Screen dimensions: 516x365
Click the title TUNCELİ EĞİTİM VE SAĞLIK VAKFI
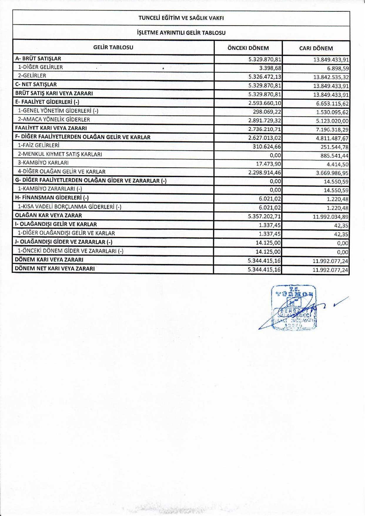click(181, 18)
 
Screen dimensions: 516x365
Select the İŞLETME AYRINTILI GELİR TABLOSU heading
click(181, 33)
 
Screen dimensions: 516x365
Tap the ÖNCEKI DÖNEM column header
click(248, 48)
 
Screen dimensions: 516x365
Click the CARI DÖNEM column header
click(316, 48)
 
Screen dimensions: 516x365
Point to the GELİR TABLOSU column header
click(113, 47)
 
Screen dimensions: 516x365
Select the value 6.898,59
click(338, 69)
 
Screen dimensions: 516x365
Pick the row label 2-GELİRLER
click(32, 76)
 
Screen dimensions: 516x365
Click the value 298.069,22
click(267, 112)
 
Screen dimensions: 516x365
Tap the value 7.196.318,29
click(332, 130)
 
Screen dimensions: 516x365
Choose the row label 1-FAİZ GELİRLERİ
click(38, 145)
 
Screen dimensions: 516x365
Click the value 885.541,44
click(334, 156)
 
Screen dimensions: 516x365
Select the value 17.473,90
click(268, 164)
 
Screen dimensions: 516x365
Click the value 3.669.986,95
click(332, 173)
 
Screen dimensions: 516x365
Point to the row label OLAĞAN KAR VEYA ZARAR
click(48, 215)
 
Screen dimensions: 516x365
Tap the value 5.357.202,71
click(264, 217)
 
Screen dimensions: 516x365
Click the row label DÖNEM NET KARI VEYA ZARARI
click(55, 268)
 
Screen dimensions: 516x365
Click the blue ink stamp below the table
click(294, 308)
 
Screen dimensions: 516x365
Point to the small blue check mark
click(341, 302)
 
